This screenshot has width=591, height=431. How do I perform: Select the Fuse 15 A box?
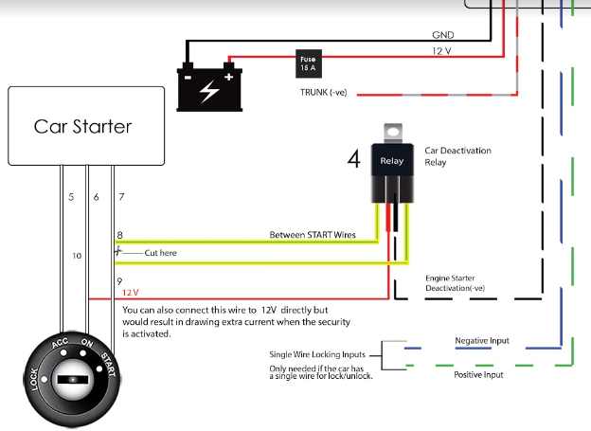307,63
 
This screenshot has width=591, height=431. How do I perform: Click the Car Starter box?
82,125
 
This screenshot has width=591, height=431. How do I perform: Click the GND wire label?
442,34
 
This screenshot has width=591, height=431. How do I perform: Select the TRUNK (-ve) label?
323,92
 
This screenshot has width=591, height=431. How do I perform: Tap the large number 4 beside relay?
353,160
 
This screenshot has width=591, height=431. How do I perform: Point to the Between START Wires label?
312,234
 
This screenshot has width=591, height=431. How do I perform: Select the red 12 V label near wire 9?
131,293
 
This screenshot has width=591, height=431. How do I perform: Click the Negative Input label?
482,339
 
